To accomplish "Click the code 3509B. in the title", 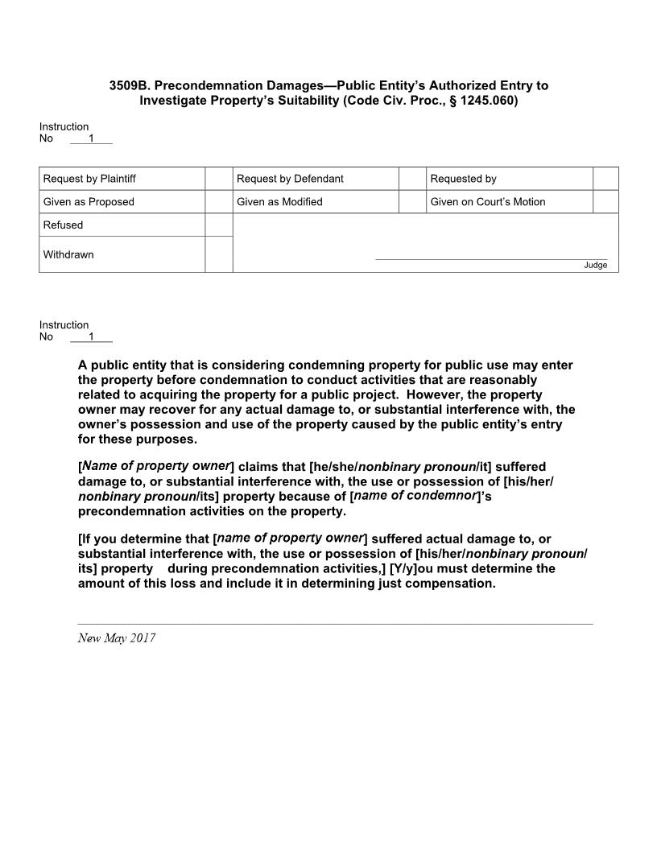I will tap(133, 85).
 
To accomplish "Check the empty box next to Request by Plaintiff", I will tap(218, 179).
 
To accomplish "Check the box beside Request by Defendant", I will tap(412, 179).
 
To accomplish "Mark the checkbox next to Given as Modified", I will tap(412, 202).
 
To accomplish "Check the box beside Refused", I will tap(218, 225).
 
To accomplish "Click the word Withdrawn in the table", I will tap(68, 254).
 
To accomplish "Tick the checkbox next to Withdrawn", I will tap(218, 254).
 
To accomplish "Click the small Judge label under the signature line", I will tap(596, 266).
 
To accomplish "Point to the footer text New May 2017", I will tap(117, 638).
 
